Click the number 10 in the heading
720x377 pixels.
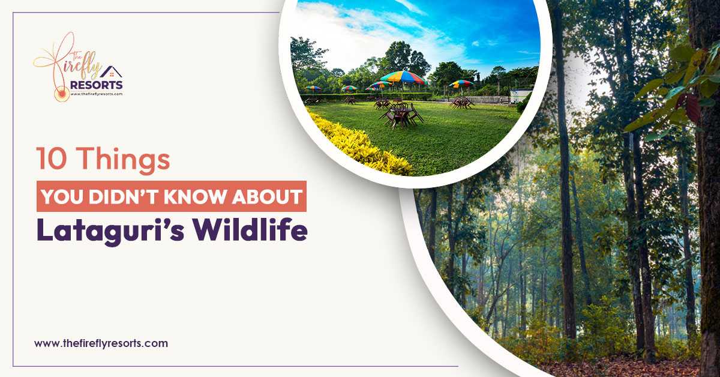(x=49, y=161)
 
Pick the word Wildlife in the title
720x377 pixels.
(x=252, y=232)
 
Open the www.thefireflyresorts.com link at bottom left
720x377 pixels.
(x=101, y=344)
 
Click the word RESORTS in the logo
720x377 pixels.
(x=96, y=85)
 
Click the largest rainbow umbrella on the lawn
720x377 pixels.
(x=403, y=78)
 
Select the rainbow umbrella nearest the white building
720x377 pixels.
(x=461, y=85)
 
